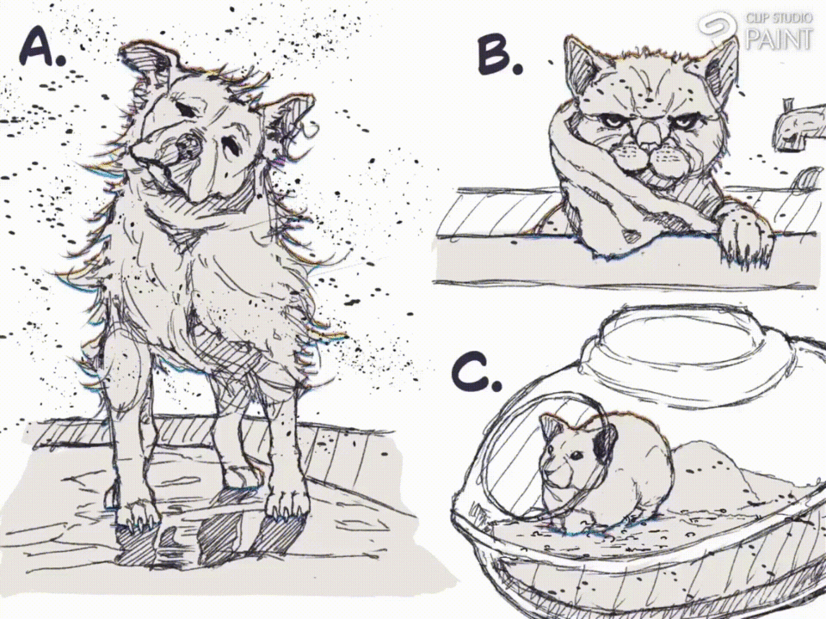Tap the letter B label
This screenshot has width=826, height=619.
(499, 55)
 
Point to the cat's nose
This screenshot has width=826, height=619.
(647, 135)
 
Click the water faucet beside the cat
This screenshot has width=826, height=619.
(798, 126)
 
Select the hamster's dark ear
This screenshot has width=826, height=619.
(605, 441)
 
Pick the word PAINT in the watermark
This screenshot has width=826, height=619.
(780, 39)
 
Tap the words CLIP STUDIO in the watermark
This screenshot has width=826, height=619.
(779, 18)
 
